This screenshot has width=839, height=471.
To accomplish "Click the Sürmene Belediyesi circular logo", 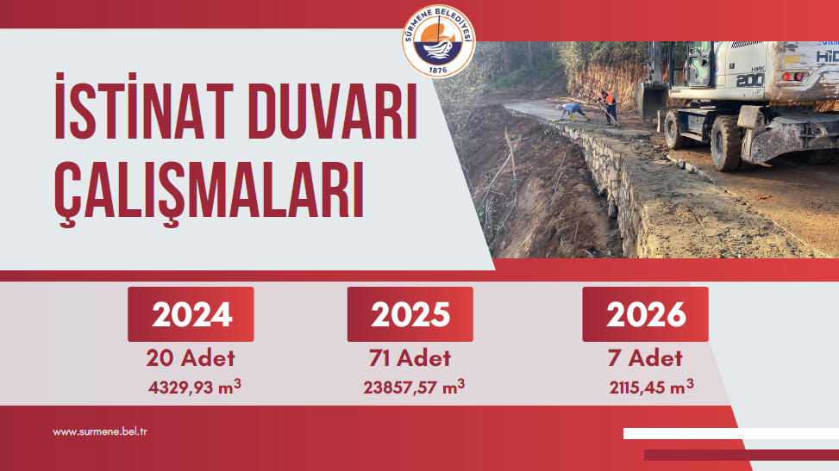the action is [x=439, y=41].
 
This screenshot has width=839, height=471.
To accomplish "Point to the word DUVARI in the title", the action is [x=333, y=111].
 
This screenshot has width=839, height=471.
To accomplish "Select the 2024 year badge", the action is [x=191, y=314].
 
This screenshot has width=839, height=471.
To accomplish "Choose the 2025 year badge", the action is [x=410, y=314].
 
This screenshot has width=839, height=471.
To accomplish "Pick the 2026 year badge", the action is [x=645, y=314].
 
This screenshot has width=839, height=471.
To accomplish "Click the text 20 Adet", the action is [x=191, y=358].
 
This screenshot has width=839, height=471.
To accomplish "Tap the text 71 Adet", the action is [x=410, y=358].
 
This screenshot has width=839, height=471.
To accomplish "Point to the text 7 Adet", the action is [x=645, y=358].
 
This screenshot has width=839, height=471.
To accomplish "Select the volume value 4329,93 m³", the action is [x=195, y=387].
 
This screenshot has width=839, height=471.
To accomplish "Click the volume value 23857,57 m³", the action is [x=414, y=387].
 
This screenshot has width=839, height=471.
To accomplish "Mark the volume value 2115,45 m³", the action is [x=651, y=387].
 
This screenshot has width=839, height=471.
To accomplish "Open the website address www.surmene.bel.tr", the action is [x=99, y=432].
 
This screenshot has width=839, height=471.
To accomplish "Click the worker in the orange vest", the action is [x=608, y=107].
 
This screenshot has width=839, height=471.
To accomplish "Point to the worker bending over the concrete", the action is [x=572, y=112].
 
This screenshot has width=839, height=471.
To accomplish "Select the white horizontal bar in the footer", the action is [x=731, y=434].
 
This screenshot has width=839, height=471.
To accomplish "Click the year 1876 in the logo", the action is [x=438, y=70].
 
